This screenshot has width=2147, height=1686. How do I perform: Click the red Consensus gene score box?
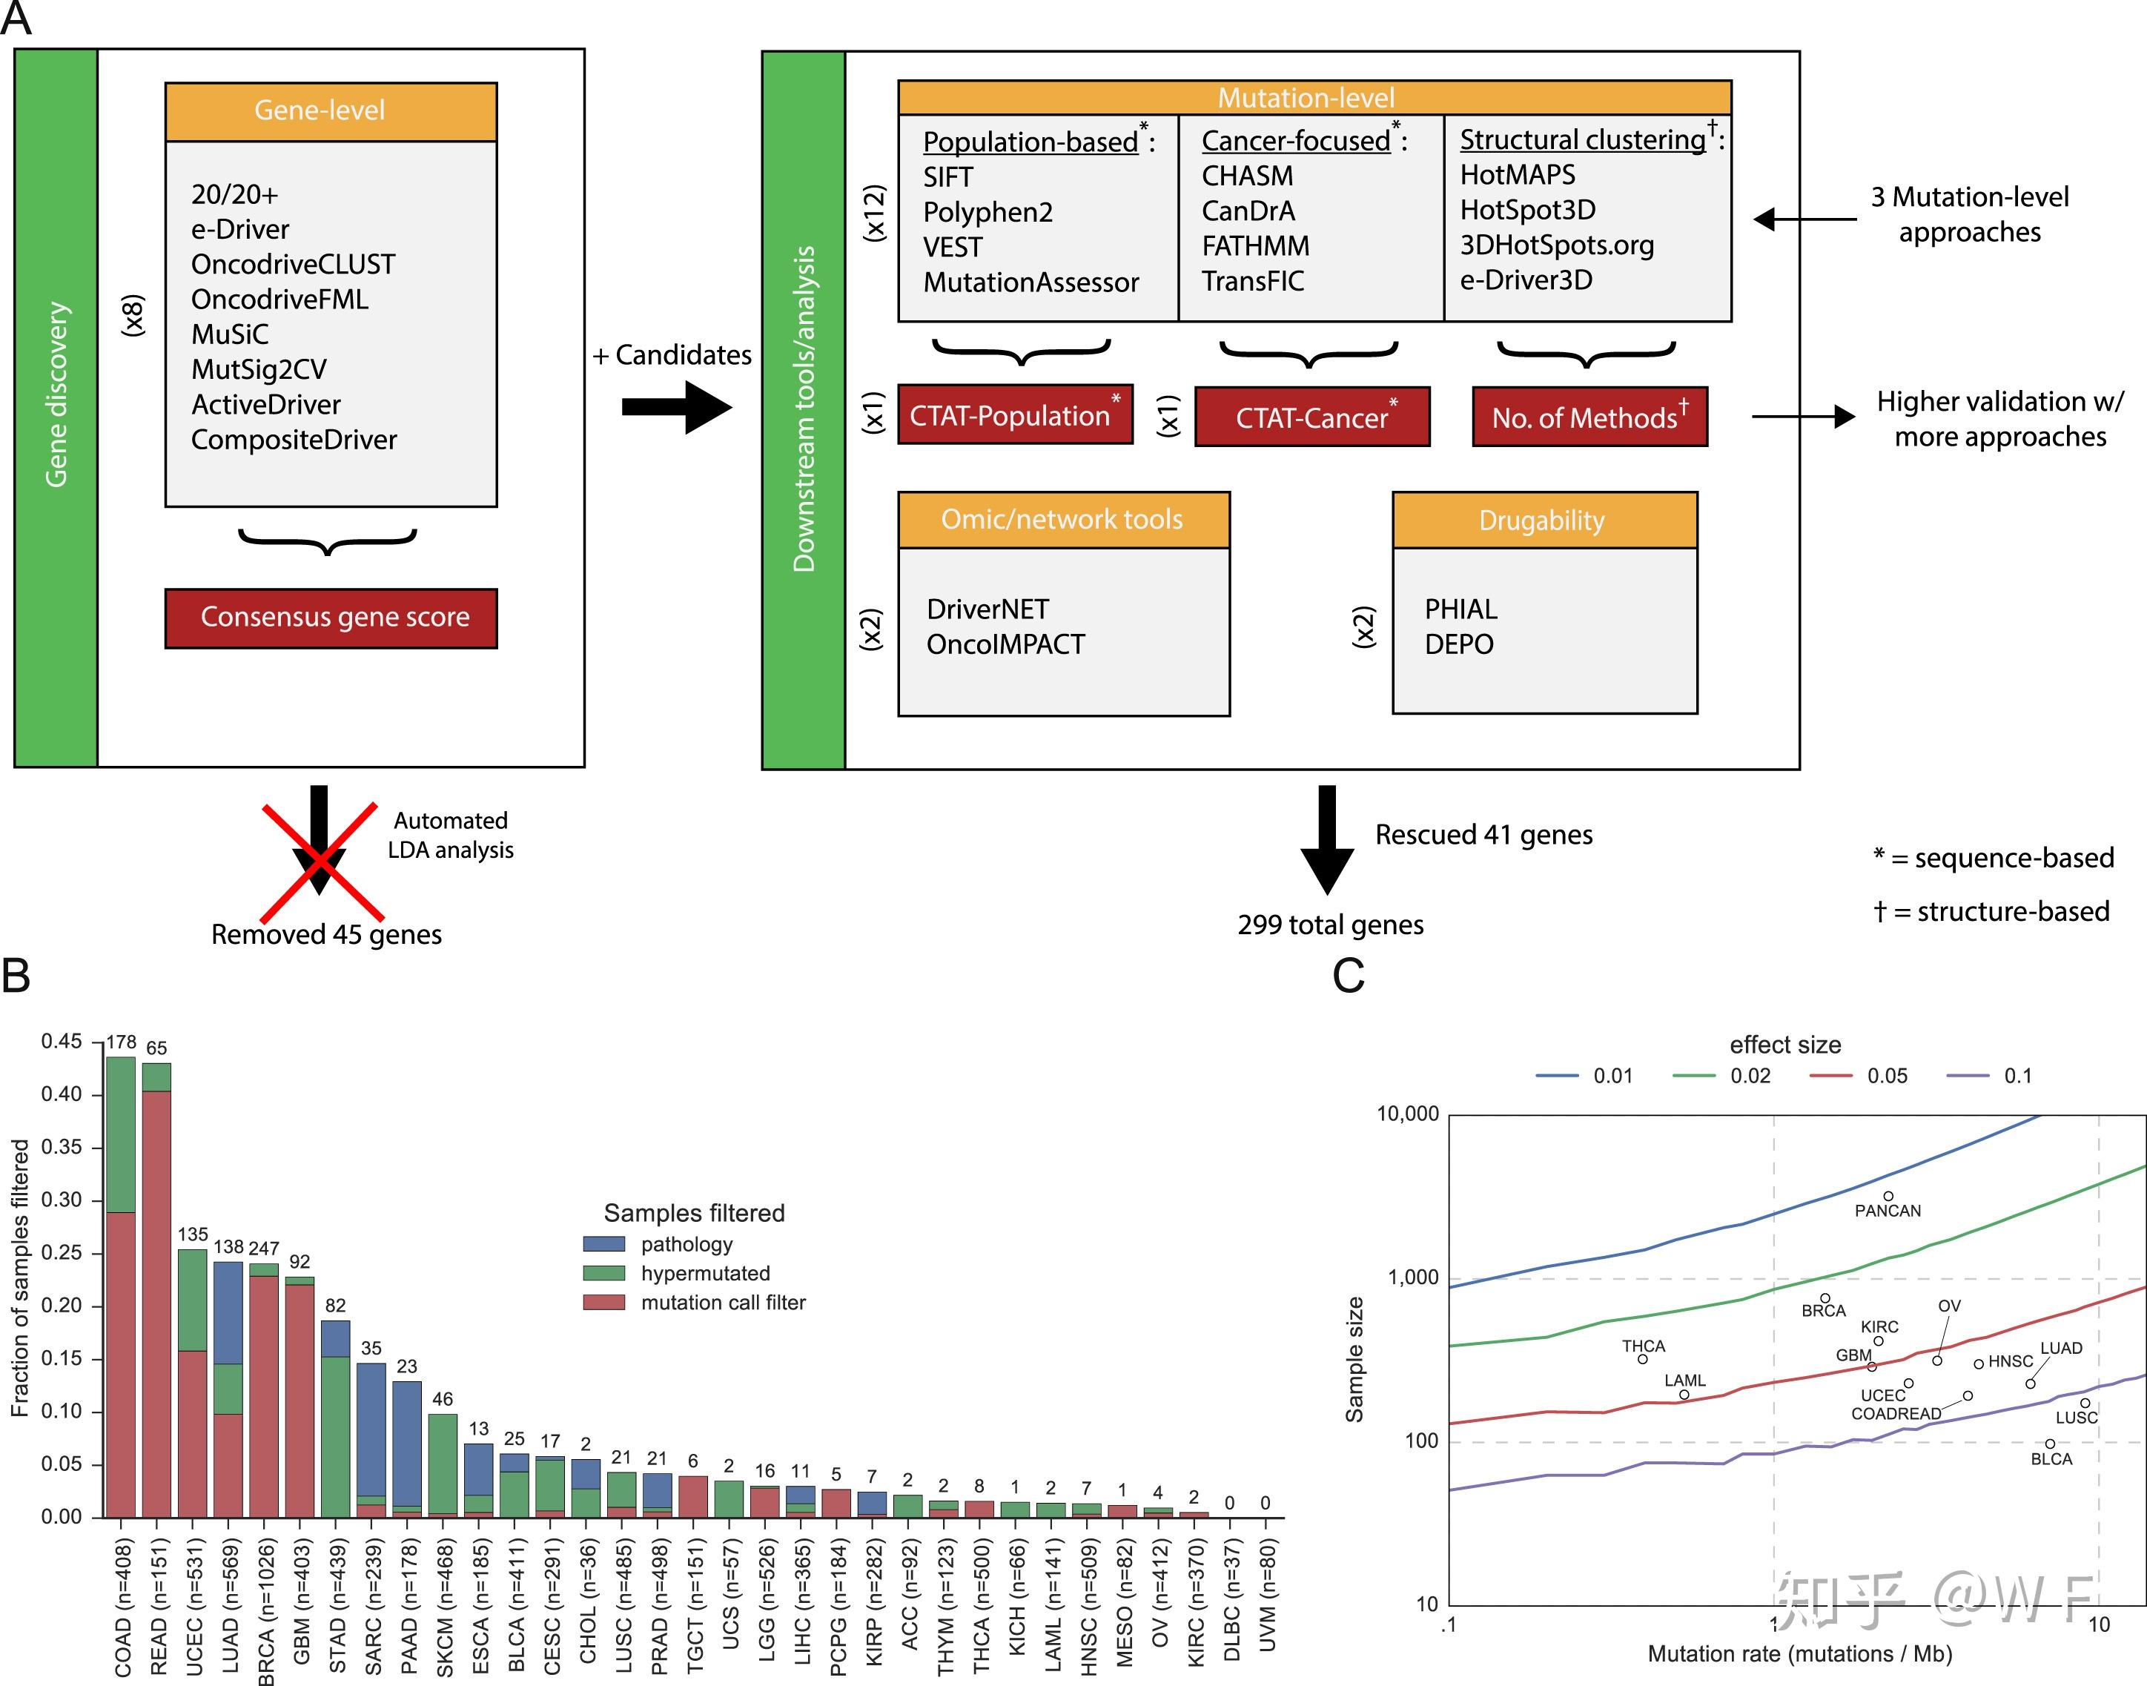point(331,618)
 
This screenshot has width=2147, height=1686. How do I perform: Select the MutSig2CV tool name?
point(259,369)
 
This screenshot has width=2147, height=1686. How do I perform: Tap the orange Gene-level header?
point(331,110)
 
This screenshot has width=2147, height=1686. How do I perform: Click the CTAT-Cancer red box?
point(1312,417)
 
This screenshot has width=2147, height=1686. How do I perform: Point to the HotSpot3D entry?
point(1527,209)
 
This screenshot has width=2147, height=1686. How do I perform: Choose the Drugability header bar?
point(1544,520)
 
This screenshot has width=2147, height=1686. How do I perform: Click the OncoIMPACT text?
point(1005,644)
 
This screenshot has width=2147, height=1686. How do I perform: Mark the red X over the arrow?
point(321,861)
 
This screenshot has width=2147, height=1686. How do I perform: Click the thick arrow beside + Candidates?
point(677,407)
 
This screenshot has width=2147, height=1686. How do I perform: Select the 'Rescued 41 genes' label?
point(1483,835)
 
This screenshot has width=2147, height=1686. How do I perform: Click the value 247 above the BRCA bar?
point(264,1249)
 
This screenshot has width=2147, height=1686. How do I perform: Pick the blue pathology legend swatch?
point(603,1244)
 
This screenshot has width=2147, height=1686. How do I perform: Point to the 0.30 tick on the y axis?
point(62,1200)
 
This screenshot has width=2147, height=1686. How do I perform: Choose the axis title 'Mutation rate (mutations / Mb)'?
point(1799,1653)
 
